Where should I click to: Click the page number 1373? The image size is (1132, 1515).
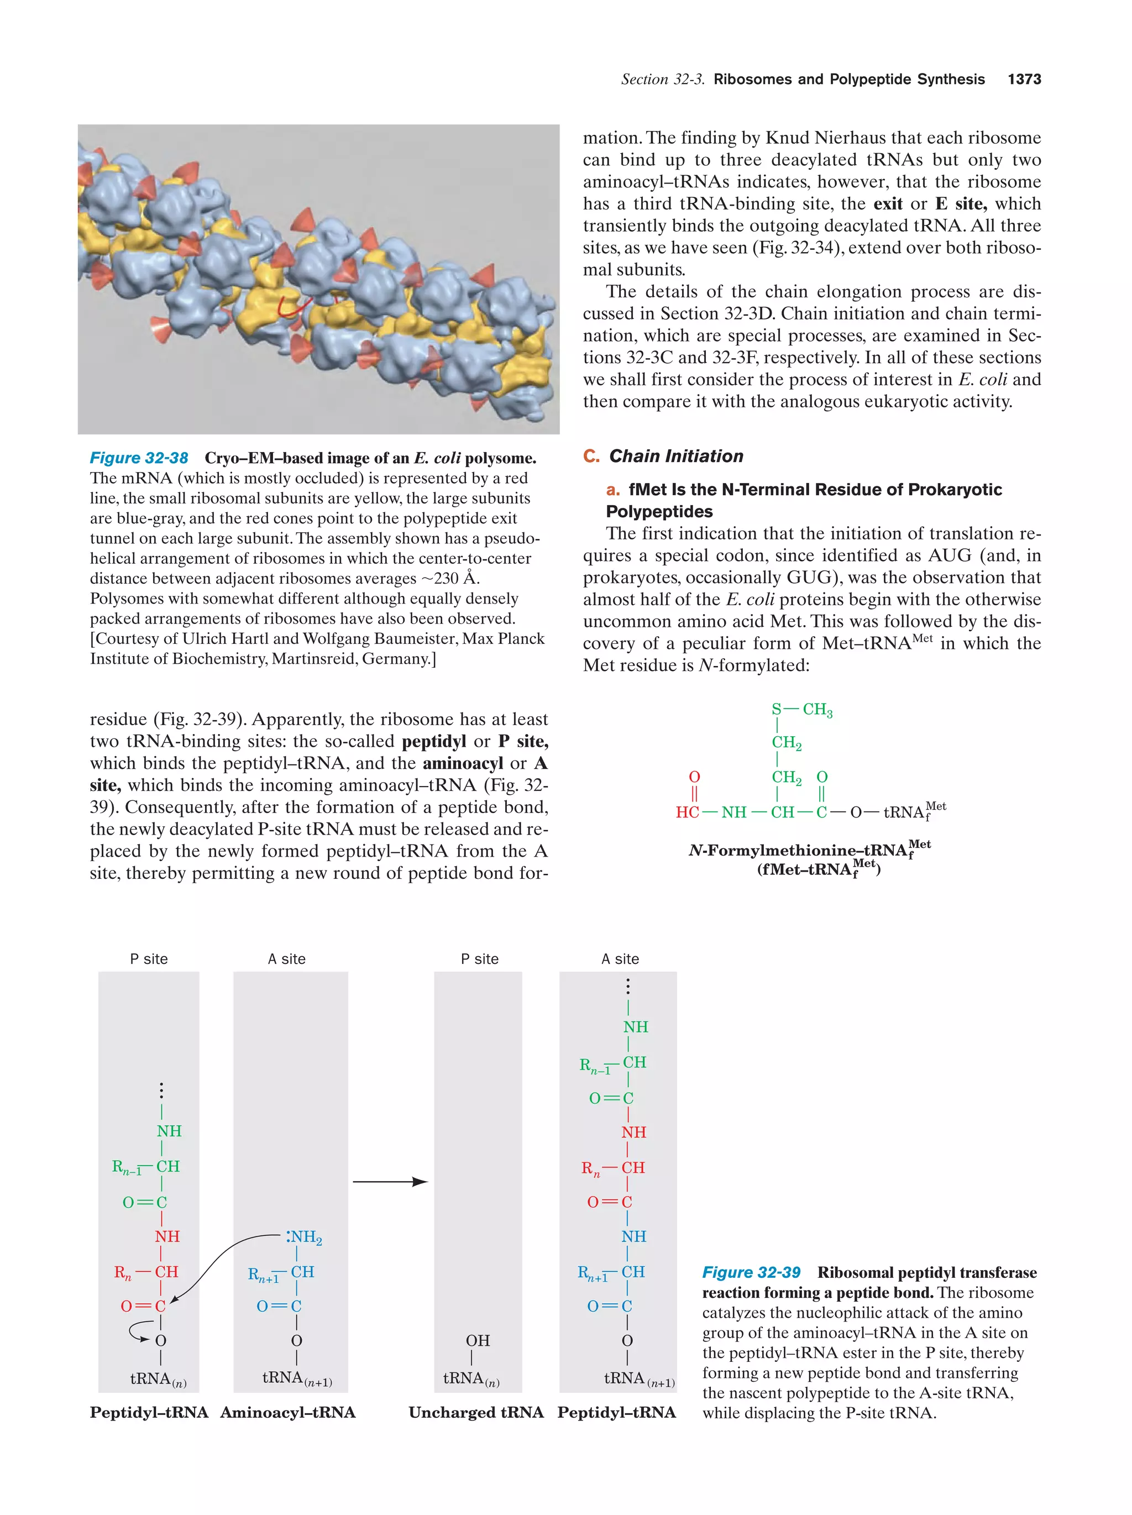[x=1024, y=80]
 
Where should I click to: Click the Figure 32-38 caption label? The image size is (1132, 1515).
[x=139, y=458]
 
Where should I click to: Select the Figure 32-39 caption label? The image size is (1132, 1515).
[x=751, y=1272]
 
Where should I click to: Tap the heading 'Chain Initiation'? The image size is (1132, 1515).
[x=675, y=456]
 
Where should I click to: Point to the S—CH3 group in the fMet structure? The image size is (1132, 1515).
[x=801, y=710]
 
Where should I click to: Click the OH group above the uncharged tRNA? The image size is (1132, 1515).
[x=478, y=1340]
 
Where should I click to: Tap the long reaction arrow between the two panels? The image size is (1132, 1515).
[x=390, y=1182]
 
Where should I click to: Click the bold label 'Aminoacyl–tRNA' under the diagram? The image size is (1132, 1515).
[x=287, y=1413]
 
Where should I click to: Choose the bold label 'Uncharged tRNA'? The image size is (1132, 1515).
[x=476, y=1413]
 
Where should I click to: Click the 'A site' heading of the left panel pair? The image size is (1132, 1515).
[x=286, y=959]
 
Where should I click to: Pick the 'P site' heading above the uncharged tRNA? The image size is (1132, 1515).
[x=479, y=959]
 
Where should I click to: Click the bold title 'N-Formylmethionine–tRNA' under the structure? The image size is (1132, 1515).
[x=798, y=851]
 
